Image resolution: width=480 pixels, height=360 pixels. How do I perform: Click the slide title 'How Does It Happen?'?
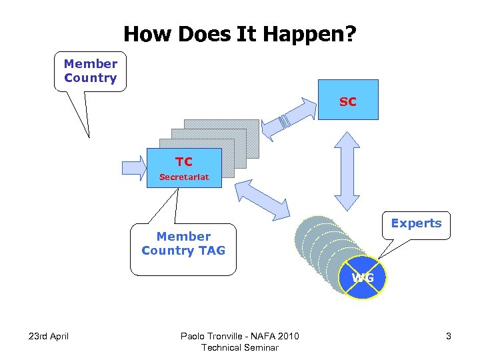[240, 34]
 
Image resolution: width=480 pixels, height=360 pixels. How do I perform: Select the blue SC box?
[347, 99]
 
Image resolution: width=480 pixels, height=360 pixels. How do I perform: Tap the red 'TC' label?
[184, 161]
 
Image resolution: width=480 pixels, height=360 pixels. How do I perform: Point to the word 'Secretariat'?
[184, 177]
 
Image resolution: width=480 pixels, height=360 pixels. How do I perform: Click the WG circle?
[363, 277]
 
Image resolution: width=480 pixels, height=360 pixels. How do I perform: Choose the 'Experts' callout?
[416, 224]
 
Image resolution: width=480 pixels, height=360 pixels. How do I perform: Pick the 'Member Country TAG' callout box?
[183, 249]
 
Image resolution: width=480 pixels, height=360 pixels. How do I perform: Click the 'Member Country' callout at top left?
[91, 71]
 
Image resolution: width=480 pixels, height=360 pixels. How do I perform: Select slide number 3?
[449, 336]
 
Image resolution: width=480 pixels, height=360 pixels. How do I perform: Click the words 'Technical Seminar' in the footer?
[240, 347]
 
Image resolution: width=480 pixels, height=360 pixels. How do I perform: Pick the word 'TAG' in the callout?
[211, 251]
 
